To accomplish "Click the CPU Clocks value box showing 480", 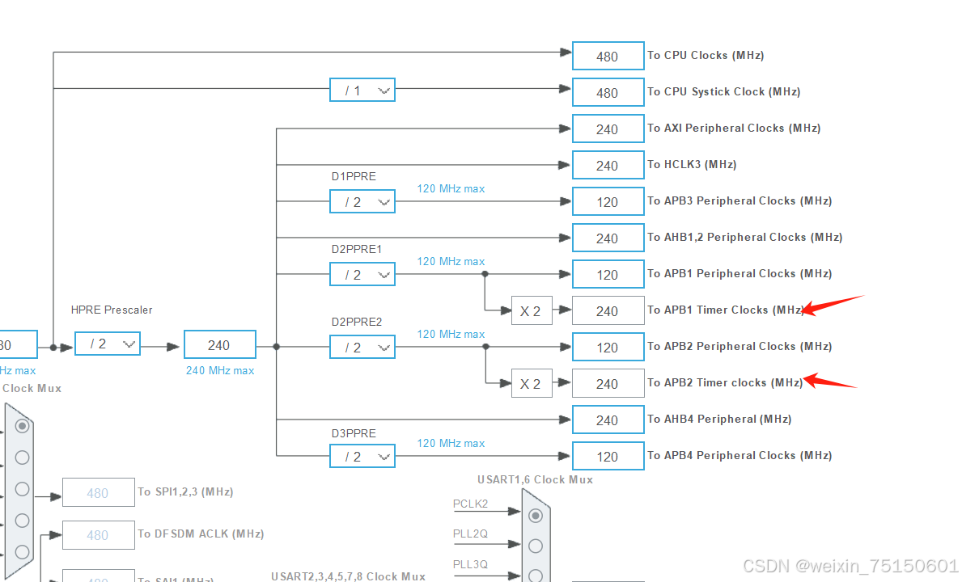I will (x=608, y=57).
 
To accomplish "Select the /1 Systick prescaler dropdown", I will (x=362, y=91).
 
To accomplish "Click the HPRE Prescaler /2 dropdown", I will (x=107, y=344).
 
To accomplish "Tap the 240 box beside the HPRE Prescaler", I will (x=219, y=344).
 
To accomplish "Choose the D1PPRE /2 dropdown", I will (x=362, y=201).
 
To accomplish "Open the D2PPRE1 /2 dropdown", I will (x=362, y=275).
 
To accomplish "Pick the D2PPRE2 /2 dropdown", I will (x=362, y=348).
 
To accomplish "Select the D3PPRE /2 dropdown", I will (x=362, y=457).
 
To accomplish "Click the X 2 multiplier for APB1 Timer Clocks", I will (x=531, y=311).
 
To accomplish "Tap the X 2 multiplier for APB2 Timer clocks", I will (x=531, y=384).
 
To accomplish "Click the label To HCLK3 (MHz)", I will (x=692, y=164).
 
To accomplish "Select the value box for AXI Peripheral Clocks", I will (x=608, y=129).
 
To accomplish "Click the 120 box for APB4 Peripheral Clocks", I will (x=608, y=457).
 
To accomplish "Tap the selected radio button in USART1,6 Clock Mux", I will (x=535, y=516).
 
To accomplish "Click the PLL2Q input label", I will (x=470, y=533).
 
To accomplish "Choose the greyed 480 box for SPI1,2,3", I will (x=98, y=492).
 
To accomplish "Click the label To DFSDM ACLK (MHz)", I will (x=201, y=533).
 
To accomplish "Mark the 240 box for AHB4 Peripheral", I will (x=608, y=420).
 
